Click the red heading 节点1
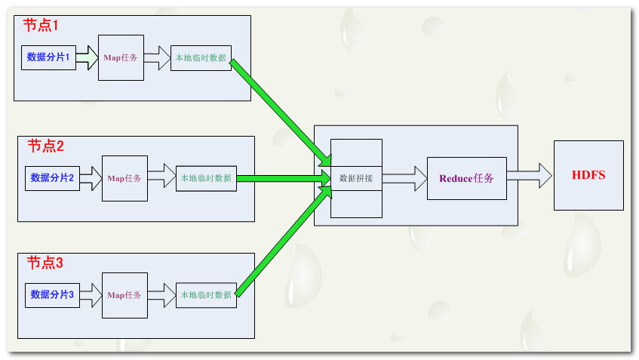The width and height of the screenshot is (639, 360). tap(41, 25)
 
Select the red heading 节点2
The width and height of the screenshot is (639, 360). tap(46, 146)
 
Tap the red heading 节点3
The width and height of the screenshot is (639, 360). tap(45, 263)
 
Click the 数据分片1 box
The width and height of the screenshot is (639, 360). tap(49, 57)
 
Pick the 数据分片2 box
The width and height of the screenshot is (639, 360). tap(52, 178)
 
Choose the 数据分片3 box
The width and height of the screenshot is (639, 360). tap(52, 294)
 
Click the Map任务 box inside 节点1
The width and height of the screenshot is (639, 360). tap(121, 57)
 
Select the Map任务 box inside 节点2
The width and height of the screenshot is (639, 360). tap(124, 178)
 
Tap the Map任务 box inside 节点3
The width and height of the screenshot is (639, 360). tap(124, 294)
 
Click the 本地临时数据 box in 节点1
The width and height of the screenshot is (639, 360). tap(201, 57)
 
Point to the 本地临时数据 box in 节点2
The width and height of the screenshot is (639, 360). tap(206, 178)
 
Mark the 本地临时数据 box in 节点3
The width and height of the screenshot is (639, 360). tap(206, 294)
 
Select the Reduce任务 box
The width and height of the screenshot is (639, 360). tap(466, 179)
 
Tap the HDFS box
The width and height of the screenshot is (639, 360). tap(588, 175)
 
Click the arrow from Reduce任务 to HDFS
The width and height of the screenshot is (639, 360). tap(530, 176)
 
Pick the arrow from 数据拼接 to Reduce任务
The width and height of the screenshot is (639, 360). tap(404, 179)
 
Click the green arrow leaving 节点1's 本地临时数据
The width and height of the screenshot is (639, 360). tap(279, 110)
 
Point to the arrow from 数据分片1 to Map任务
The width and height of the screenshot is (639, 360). tap(88, 57)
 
